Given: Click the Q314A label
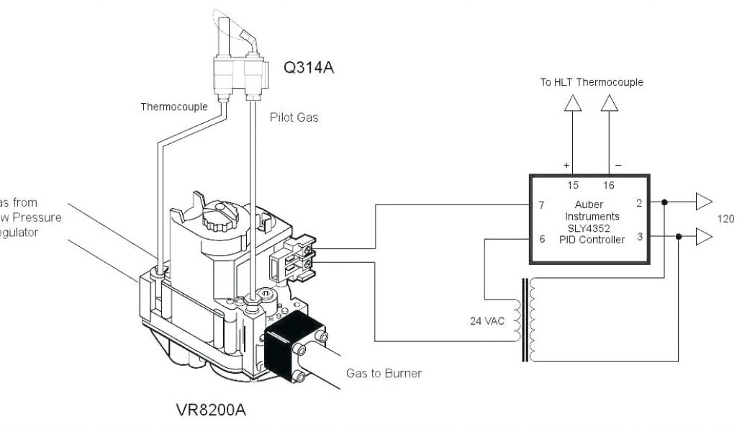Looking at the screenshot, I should (x=309, y=69).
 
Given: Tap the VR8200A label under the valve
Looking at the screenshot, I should (x=212, y=410).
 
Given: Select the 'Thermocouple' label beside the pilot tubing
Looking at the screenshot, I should (x=174, y=107).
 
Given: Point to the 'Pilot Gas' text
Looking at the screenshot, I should (x=294, y=117).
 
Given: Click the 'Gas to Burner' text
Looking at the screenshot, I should (x=384, y=374).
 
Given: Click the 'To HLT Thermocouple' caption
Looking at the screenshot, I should (x=592, y=82).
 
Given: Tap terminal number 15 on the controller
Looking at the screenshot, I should (x=573, y=185).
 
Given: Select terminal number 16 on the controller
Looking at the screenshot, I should (x=609, y=185).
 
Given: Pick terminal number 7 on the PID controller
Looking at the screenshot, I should (x=541, y=205).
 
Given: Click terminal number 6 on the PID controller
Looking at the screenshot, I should (x=541, y=239).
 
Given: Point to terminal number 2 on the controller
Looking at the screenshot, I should (x=639, y=204).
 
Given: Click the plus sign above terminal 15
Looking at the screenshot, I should (x=566, y=165).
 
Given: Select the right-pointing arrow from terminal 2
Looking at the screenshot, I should (x=704, y=202).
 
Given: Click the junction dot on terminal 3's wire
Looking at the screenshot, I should (x=679, y=235).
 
